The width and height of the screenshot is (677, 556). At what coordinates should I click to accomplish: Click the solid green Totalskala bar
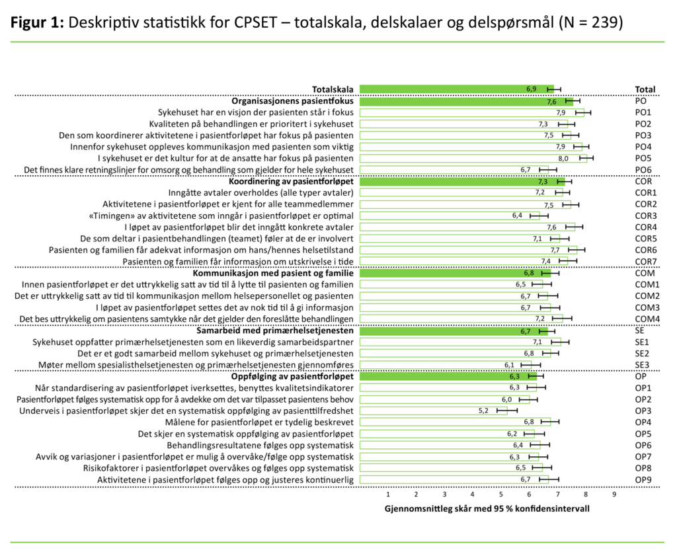tap(456, 89)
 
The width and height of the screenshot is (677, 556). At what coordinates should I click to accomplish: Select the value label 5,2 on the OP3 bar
tap(483, 411)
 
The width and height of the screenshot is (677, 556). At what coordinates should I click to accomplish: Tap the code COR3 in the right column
tap(646, 216)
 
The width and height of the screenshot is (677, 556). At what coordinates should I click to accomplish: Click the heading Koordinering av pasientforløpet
tap(291, 181)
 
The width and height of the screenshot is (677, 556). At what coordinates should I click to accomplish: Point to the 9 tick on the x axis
tap(614, 494)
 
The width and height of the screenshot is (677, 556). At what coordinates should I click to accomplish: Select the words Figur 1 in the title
tap(36, 22)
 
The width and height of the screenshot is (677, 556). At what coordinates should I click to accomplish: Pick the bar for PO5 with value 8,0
tap(473, 159)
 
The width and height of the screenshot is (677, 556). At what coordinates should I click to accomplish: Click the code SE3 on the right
tap(642, 365)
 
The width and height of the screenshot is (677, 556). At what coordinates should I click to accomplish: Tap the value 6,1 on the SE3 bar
tap(509, 365)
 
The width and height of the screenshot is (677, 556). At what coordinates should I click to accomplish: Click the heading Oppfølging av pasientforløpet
tap(292, 376)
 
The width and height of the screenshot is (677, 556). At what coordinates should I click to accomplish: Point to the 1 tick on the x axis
tap(387, 494)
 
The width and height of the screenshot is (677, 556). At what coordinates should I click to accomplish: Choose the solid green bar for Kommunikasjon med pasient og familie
tap(455, 273)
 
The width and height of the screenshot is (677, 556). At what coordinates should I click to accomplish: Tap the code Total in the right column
tap(645, 89)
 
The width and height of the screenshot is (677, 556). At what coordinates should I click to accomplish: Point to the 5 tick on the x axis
tap(500, 494)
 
